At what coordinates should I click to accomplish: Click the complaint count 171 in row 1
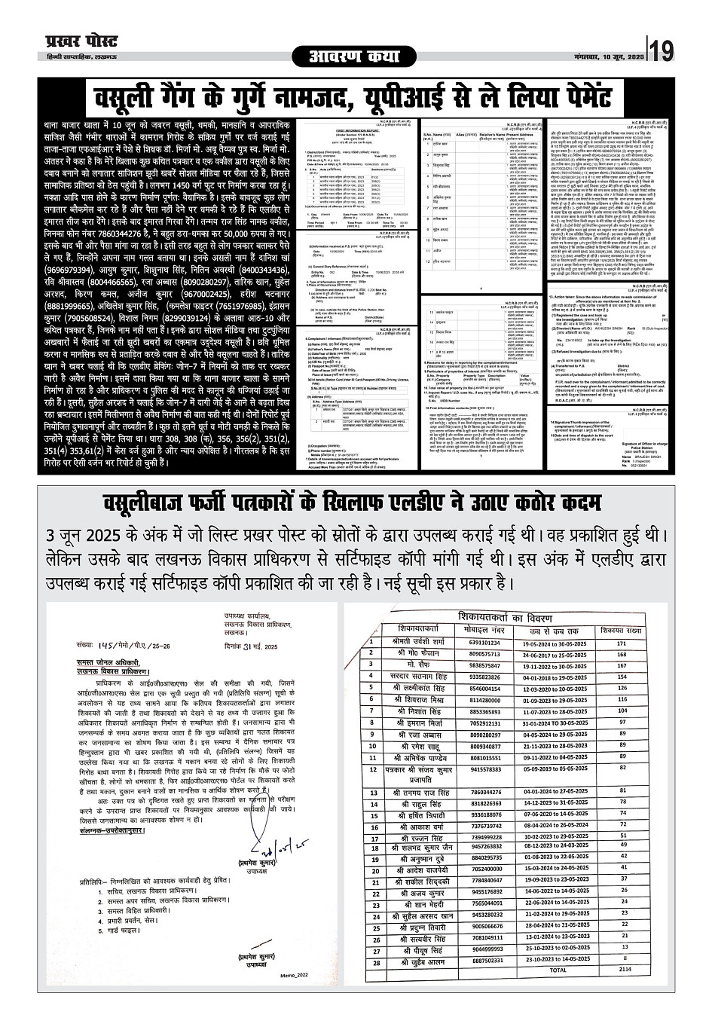(x=622, y=643)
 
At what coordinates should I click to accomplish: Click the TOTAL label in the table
(x=558, y=970)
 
